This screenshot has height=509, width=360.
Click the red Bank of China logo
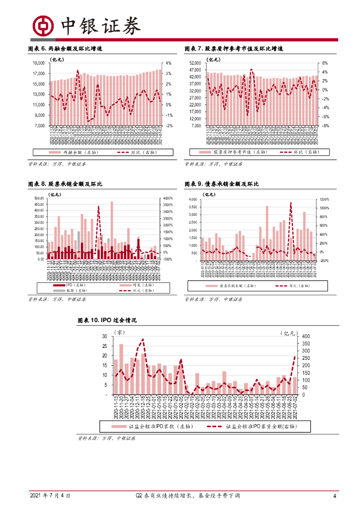43,25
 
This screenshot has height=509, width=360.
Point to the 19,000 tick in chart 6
39,63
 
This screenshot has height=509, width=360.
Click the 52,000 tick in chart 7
194,63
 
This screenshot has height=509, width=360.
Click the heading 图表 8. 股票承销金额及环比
65,184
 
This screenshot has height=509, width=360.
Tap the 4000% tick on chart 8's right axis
168,199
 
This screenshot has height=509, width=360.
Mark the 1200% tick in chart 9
323,199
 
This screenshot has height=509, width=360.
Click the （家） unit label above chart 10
119,332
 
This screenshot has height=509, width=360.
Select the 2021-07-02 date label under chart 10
295,409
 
